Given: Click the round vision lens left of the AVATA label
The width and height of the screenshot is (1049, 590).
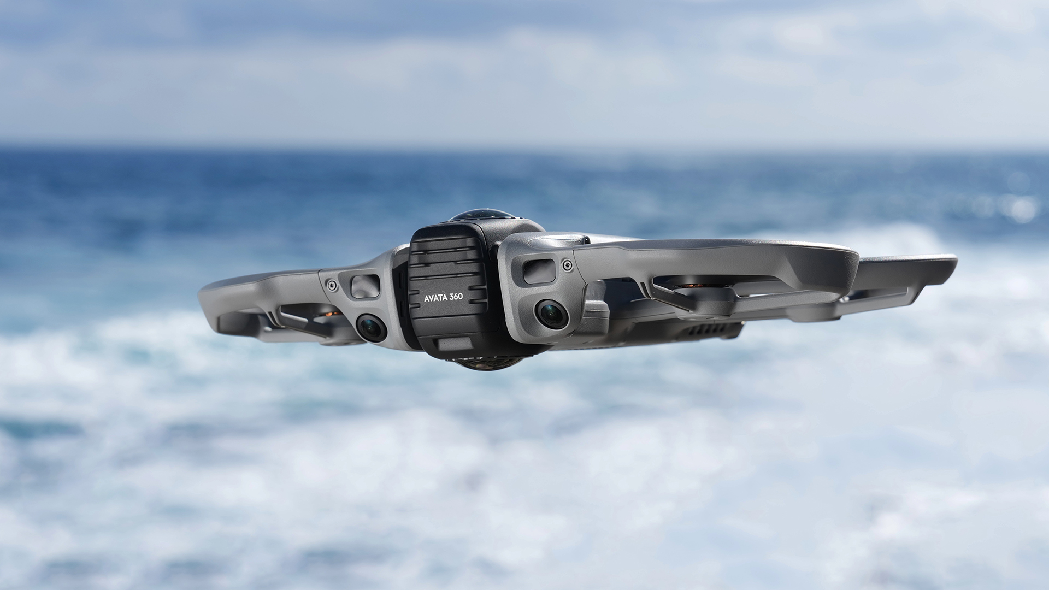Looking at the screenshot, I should click(372, 328).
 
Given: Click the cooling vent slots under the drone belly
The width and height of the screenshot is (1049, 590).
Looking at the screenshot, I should click(705, 331).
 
